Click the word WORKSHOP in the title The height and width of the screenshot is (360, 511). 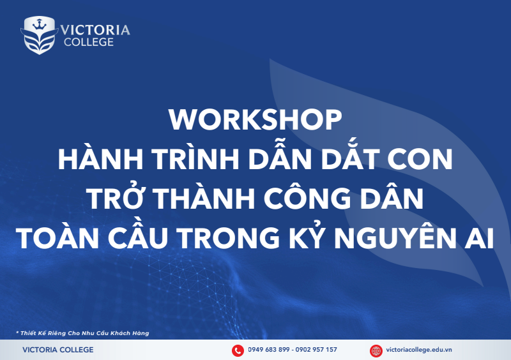coord(256,121)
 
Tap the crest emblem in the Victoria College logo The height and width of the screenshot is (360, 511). coord(40,34)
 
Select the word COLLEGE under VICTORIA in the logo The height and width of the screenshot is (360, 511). coord(88,42)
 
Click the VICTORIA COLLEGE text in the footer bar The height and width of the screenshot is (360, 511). coord(57,350)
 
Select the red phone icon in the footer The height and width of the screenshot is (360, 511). coord(238,350)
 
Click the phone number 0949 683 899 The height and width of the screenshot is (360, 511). coord(269,350)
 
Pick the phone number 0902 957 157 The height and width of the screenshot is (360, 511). coord(316,350)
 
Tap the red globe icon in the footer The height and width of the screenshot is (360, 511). coord(376,350)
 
